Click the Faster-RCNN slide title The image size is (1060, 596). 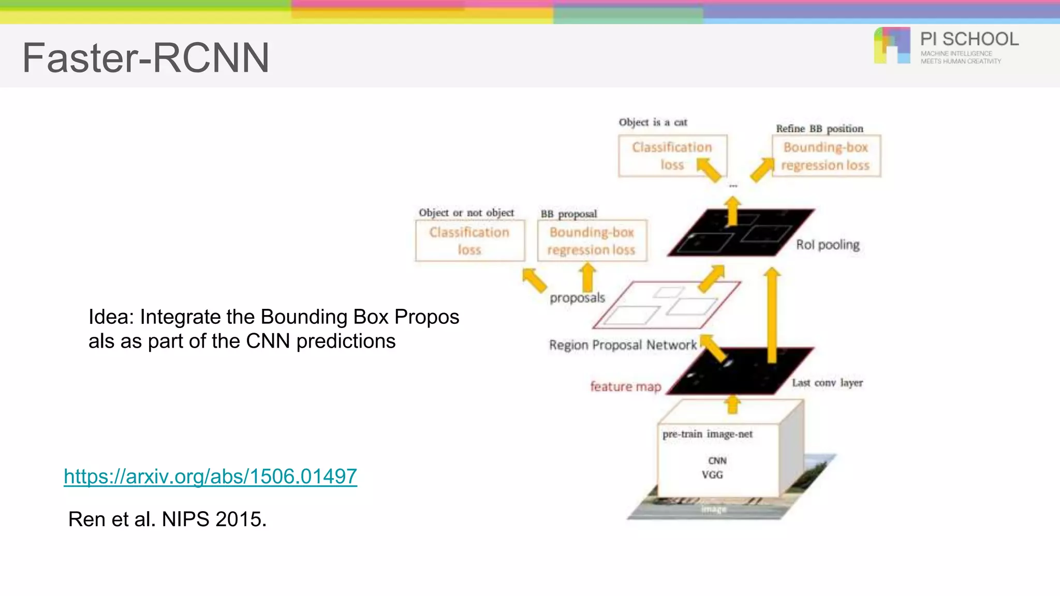[x=145, y=57]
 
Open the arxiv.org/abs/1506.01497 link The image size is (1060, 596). [x=210, y=476]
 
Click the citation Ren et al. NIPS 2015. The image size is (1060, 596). [x=167, y=519]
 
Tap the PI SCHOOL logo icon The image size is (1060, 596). [x=892, y=46]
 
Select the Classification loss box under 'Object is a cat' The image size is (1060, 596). [x=672, y=156]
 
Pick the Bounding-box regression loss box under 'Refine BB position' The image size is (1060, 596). [x=826, y=156]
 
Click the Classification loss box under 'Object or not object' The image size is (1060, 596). [x=469, y=241]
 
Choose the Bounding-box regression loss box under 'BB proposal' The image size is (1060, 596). [x=592, y=241]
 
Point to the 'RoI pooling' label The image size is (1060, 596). [x=828, y=245]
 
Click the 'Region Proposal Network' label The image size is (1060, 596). [x=623, y=345]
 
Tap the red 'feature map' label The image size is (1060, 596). [x=625, y=386]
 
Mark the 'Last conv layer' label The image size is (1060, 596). [x=827, y=383]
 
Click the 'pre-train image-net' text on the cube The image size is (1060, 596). [x=708, y=434]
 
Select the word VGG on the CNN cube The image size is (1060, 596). [x=712, y=474]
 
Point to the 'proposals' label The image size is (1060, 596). [x=577, y=298]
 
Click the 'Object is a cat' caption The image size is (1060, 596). [x=653, y=123]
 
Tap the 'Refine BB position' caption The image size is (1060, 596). [x=819, y=128]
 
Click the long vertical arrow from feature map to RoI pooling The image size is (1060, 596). [x=772, y=316]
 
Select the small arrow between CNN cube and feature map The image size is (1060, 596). [x=732, y=404]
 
